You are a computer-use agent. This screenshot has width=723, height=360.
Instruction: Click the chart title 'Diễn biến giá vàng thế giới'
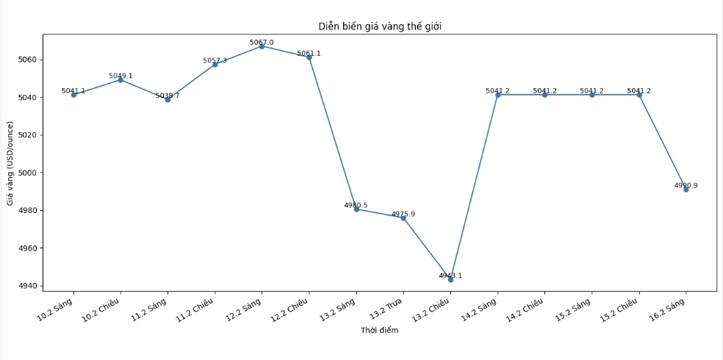click(x=379, y=26)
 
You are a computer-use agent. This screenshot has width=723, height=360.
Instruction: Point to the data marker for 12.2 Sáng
click(x=262, y=46)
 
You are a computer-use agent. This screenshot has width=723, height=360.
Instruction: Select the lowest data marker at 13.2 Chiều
click(x=450, y=279)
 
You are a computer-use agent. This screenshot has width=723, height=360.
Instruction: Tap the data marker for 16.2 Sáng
click(x=686, y=189)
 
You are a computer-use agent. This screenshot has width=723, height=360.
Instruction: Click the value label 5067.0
click(x=262, y=43)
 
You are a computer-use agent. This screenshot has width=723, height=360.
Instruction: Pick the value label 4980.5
click(x=356, y=206)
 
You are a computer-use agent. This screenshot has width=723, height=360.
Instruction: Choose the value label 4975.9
click(x=403, y=215)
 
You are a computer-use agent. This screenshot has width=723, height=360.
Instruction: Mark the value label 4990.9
click(x=686, y=186)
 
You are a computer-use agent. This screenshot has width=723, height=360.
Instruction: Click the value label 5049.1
click(x=120, y=76)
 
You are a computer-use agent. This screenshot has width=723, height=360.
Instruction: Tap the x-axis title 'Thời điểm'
click(x=379, y=331)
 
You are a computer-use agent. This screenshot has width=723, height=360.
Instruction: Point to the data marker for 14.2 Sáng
click(x=497, y=95)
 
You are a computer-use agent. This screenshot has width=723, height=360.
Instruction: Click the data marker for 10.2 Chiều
click(x=120, y=80)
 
